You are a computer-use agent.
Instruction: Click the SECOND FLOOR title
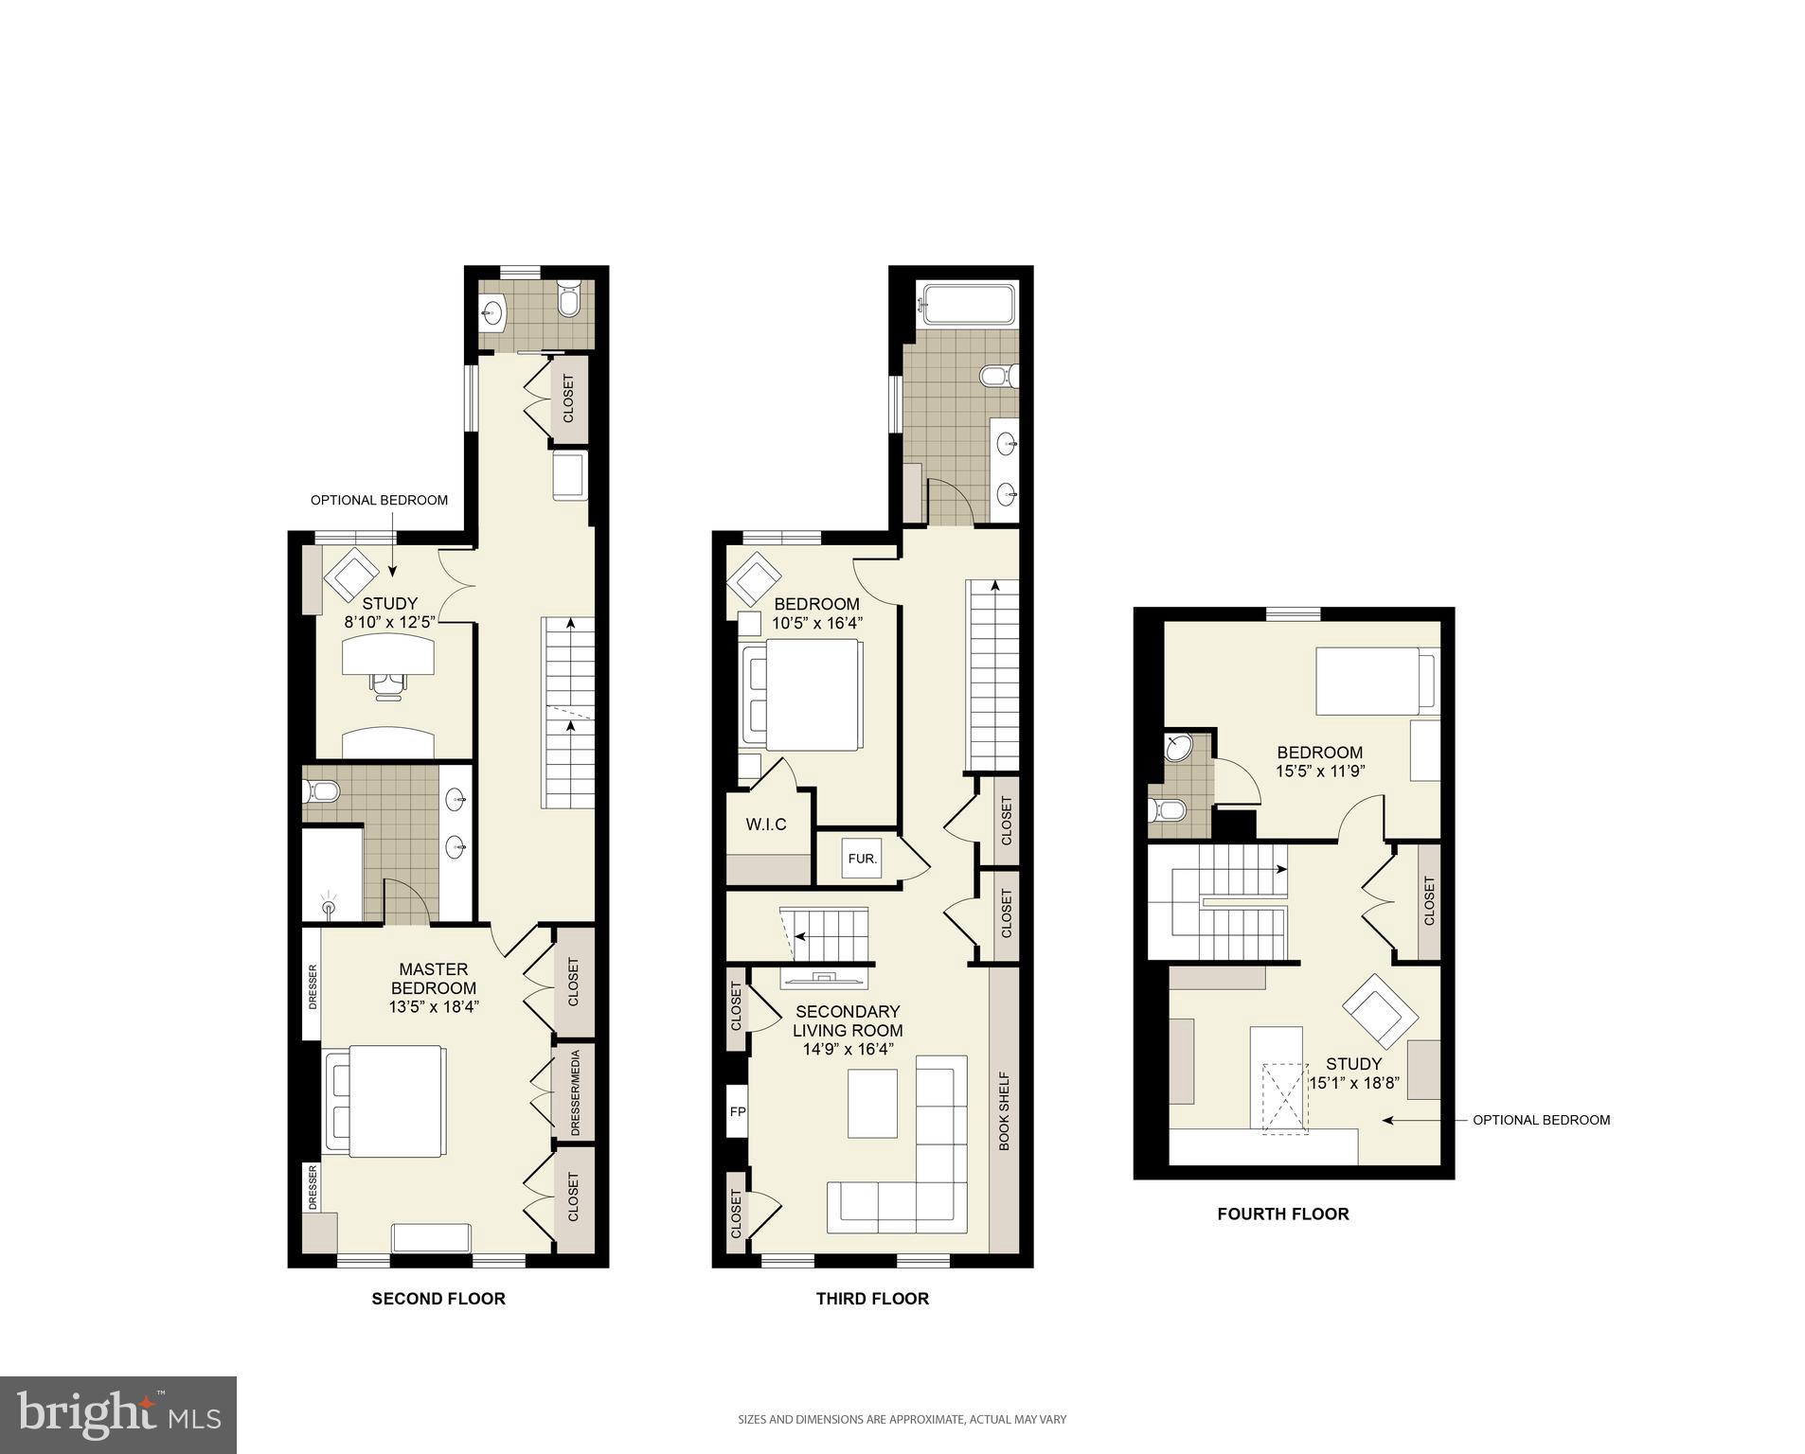438,1299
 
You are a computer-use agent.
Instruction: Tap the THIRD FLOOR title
872,1299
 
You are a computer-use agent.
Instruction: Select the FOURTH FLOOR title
1282,1214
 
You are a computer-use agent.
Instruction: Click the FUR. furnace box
863,860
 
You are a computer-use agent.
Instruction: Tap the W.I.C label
766,825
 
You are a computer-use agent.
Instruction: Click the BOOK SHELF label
1004,1110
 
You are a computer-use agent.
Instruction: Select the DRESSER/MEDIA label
575,1093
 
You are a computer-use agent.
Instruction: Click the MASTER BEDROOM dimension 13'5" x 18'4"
434,1007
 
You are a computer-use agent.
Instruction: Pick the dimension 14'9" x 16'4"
847,1049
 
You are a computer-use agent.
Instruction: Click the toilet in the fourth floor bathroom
1170,810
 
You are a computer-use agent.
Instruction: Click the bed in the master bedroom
385,1101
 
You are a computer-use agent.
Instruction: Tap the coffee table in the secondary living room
871,1103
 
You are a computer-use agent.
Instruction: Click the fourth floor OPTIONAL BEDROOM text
1541,1120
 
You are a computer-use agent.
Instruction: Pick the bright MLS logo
118,1415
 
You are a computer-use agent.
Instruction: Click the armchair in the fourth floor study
1379,1013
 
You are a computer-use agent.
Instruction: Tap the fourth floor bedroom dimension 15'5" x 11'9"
1319,771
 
